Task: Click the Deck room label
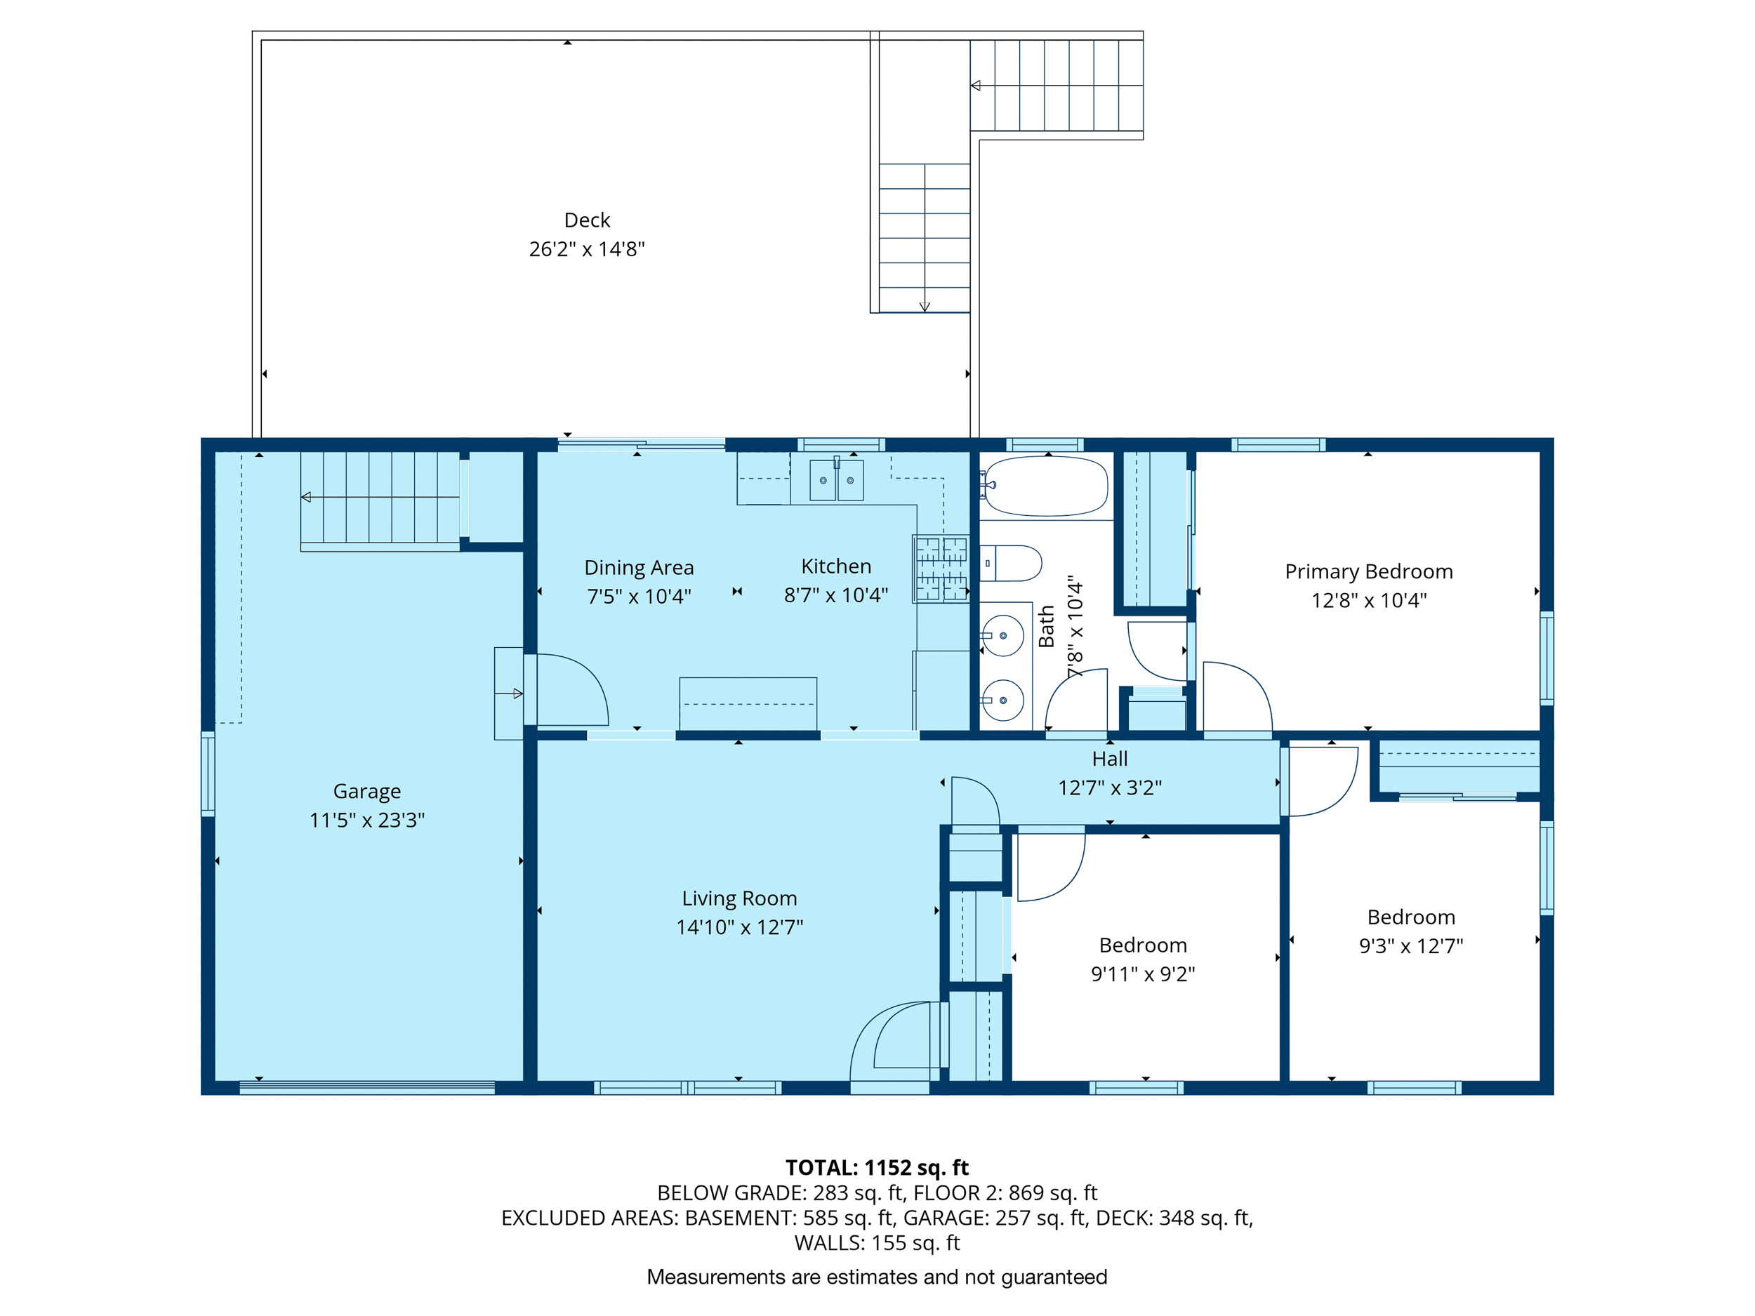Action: point(586,220)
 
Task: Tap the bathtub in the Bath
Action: point(1046,486)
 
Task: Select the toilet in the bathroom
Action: point(1011,563)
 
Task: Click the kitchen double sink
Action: point(836,480)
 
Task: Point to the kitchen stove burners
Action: point(941,569)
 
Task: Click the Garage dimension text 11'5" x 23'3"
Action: point(366,819)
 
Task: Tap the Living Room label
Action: point(739,898)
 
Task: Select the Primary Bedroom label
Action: point(1369,571)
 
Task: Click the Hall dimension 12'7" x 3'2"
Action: point(1109,787)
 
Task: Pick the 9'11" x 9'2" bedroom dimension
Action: point(1142,973)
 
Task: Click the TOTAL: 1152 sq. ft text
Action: point(877,1167)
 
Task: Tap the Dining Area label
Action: point(639,567)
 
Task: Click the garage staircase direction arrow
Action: point(306,498)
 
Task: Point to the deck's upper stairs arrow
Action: point(976,86)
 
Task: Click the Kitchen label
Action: point(835,566)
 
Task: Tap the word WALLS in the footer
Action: point(828,1243)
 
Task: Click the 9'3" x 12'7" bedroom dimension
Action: point(1410,945)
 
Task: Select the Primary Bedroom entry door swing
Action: point(1237,696)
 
